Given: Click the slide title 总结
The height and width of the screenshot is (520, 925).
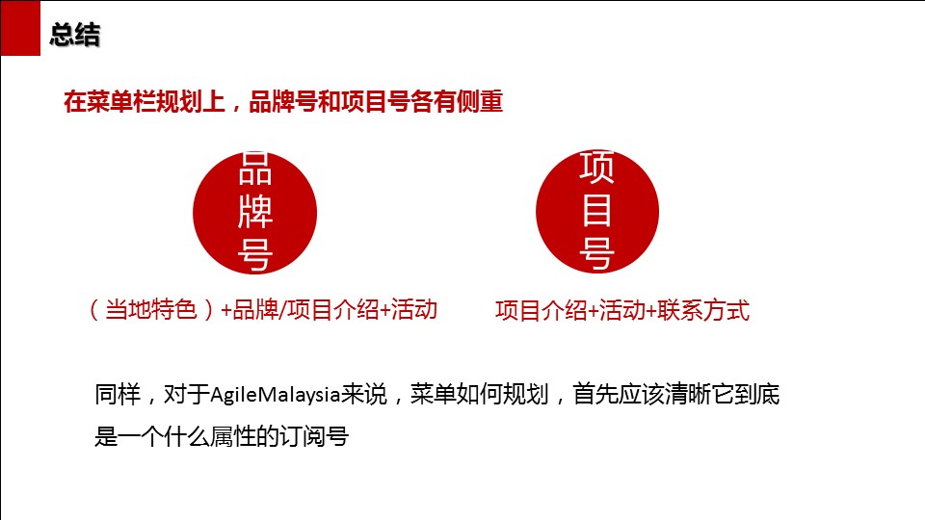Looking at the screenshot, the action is coord(75,35).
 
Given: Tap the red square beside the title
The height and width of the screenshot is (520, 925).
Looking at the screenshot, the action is coord(20,28).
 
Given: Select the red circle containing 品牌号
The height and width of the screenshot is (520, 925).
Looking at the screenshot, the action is coord(254,213).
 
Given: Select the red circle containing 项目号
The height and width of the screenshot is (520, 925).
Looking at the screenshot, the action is coord(597,211).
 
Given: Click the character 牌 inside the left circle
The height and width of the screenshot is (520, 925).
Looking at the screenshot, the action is coord(254,211).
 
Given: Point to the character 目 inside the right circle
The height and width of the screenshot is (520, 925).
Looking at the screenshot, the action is coord(596,210).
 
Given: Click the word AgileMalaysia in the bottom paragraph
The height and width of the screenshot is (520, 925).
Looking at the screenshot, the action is coord(276,395).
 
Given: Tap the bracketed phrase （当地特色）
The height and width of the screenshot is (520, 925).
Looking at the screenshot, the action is coord(151,309).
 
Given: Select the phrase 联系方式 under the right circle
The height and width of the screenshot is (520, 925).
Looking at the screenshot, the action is coord(703,310).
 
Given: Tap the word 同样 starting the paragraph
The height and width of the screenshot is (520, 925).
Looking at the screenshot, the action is coord(118,395).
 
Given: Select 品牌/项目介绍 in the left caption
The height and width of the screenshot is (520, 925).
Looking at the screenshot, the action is coord(305,309).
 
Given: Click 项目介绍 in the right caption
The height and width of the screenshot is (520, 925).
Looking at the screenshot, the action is coord(541,310).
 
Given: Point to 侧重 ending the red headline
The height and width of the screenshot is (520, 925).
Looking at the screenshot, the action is coord(480,101).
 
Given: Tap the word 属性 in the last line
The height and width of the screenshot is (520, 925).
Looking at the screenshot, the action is coord(233,437).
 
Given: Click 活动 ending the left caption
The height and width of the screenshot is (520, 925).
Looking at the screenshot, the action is coord(414,309).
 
